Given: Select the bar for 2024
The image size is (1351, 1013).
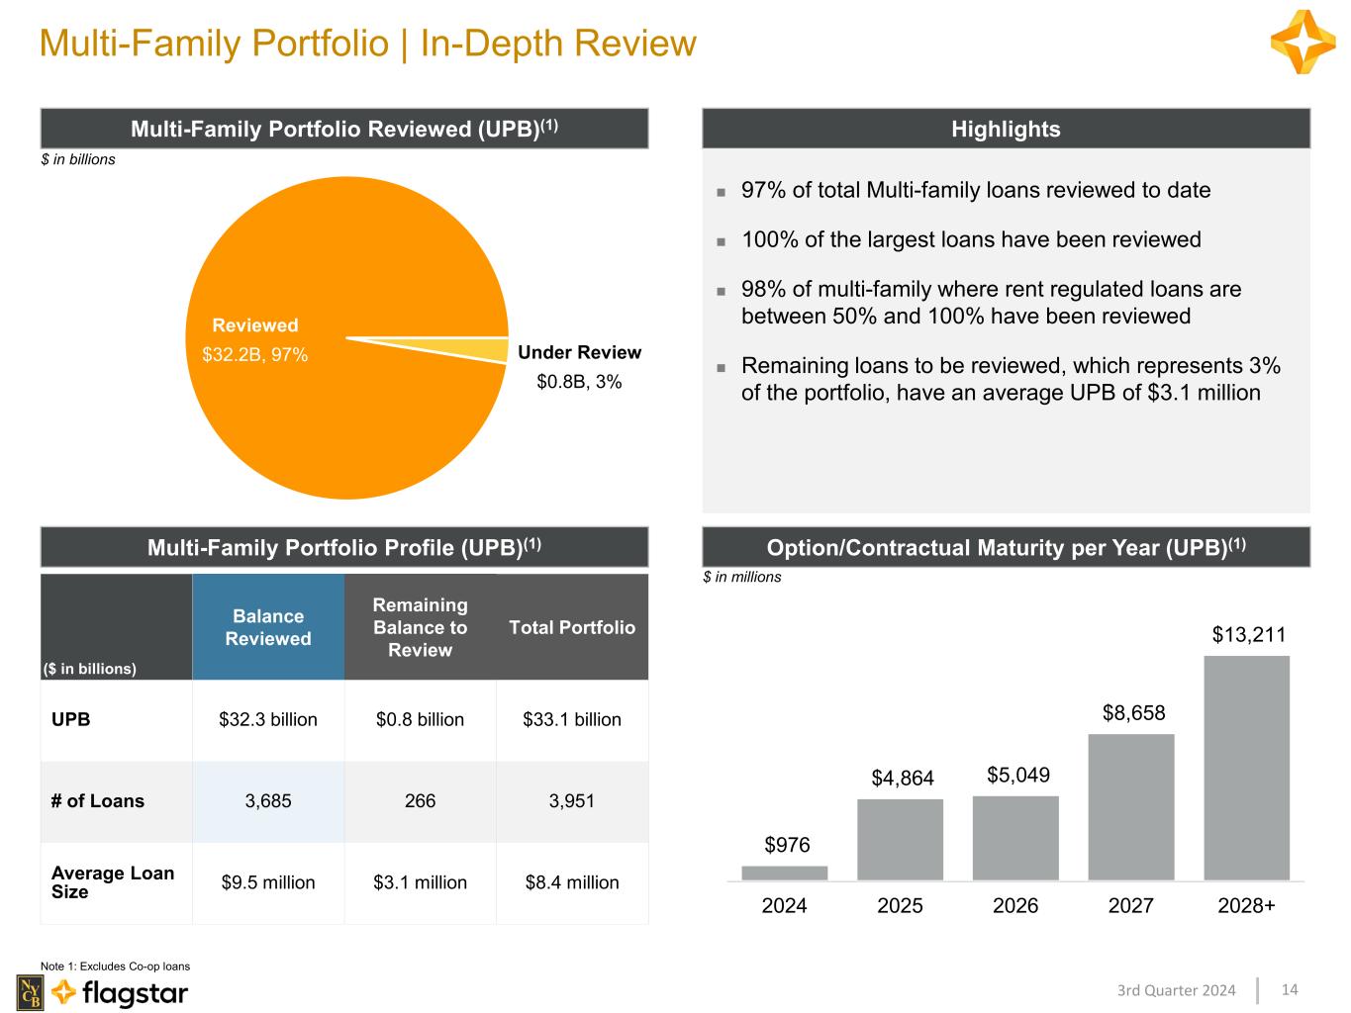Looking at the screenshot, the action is [x=784, y=873].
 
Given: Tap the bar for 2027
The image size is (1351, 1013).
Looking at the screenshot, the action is [x=1130, y=806].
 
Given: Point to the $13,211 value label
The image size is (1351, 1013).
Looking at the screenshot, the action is [x=1248, y=634].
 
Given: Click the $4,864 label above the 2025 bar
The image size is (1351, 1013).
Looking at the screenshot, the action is [x=903, y=778].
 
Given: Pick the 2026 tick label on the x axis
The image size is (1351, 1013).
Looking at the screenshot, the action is [x=1014, y=905].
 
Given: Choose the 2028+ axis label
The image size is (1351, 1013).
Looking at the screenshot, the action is [x=1246, y=905].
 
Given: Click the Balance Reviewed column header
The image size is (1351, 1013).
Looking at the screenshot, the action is [x=268, y=627].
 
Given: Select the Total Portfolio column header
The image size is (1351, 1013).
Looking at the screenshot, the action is [x=572, y=627].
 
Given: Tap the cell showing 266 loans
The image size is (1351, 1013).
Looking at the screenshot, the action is [x=420, y=801].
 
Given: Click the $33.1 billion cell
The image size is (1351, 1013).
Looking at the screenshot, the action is [x=572, y=719].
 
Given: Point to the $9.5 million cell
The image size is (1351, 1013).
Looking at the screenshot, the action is [x=268, y=882].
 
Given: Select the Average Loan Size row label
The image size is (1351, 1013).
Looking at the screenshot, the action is [x=113, y=882].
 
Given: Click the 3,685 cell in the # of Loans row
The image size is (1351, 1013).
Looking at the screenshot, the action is [x=268, y=801].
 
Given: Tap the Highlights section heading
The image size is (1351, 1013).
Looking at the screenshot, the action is [x=1006, y=130].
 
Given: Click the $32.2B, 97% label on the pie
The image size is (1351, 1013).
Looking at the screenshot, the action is [x=254, y=354].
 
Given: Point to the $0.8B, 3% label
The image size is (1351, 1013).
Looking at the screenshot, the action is [x=579, y=381].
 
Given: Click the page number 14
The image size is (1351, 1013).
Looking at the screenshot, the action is [x=1290, y=989].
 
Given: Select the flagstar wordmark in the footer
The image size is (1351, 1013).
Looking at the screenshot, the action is [x=135, y=992].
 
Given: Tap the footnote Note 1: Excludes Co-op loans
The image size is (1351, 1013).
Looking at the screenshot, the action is [x=115, y=967].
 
